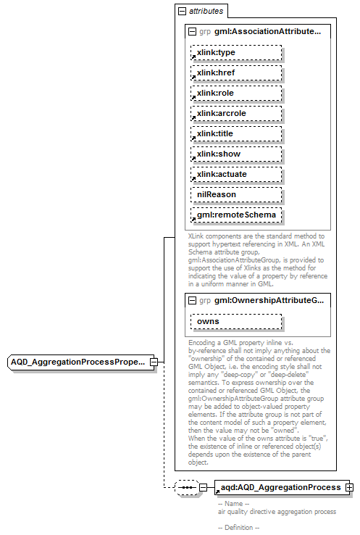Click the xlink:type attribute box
pyautogui.click(x=235, y=52)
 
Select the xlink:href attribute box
pyautogui.click(x=235, y=72)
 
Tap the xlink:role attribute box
pyautogui.click(x=235, y=93)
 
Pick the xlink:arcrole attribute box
pyautogui.click(x=235, y=113)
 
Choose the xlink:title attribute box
pyautogui.click(x=235, y=133)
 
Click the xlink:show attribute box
pyautogui.click(x=235, y=154)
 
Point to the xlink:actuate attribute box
pyautogui.click(x=235, y=174)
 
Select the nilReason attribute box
pyautogui.click(x=235, y=194)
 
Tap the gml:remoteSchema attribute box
pyautogui.click(x=235, y=215)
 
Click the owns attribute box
pyautogui.click(x=235, y=321)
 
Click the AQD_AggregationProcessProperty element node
pyautogui.click(x=78, y=361)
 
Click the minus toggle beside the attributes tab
pyautogui.click(x=181, y=12)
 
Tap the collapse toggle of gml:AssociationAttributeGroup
pyautogui.click(x=192, y=32)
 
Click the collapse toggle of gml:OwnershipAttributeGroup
pyautogui.click(x=192, y=299)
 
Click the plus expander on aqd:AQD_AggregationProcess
pyautogui.click(x=350, y=487)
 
